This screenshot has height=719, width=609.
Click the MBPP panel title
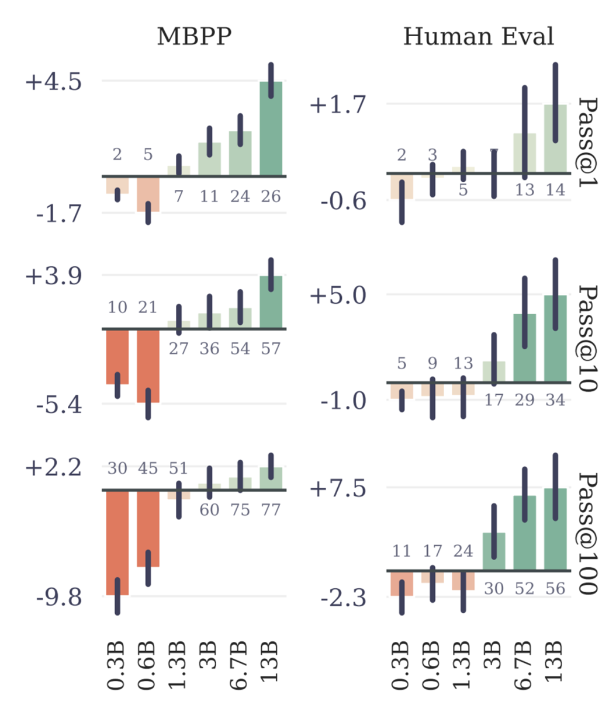pyautogui.click(x=194, y=37)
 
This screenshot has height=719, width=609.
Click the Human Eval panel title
pyautogui.click(x=478, y=37)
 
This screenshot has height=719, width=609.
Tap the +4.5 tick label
pyautogui.click(x=53, y=81)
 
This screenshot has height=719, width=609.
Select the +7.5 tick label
pyautogui.click(x=337, y=488)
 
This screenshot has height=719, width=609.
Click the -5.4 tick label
pyautogui.click(x=58, y=404)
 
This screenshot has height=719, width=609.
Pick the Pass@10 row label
pyautogui.click(x=587, y=338)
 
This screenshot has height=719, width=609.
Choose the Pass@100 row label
pyautogui.click(x=587, y=533)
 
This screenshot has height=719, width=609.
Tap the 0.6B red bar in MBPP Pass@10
pyautogui.click(x=148, y=365)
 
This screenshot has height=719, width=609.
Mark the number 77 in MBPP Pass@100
pyautogui.click(x=271, y=510)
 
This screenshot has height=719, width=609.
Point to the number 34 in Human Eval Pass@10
pyautogui.click(x=555, y=400)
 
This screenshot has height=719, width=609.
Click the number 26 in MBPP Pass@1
pyautogui.click(x=271, y=196)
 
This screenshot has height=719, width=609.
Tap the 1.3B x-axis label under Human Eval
pyautogui.click(x=462, y=666)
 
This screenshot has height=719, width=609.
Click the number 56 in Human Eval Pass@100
pyautogui.click(x=555, y=588)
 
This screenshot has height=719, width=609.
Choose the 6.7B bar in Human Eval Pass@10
pyautogui.click(x=525, y=349)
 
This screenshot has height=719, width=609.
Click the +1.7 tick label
pyautogui.click(x=337, y=105)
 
